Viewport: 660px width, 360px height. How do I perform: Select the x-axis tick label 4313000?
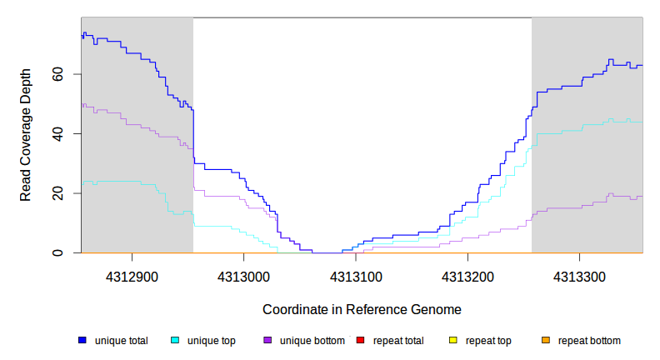click(x=243, y=275)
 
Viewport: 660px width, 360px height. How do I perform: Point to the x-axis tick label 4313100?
click(x=356, y=275)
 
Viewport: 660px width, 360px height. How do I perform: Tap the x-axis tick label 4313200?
click(x=468, y=275)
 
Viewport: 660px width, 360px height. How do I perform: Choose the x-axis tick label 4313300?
click(x=581, y=275)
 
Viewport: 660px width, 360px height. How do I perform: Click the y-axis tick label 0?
click(x=57, y=252)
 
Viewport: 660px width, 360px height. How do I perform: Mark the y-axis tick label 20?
click(x=57, y=193)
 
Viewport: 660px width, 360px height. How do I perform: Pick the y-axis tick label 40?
click(x=57, y=133)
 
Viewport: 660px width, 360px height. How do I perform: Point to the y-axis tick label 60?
click(x=57, y=74)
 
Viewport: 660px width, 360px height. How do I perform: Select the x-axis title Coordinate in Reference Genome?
click(x=362, y=309)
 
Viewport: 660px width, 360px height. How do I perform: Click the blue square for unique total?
click(x=82, y=341)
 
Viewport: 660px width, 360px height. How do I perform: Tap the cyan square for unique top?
click(x=175, y=341)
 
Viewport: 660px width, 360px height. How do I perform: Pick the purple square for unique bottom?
click(x=267, y=341)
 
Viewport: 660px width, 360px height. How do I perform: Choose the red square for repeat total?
click(x=360, y=341)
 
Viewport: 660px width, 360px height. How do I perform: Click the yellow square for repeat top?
click(x=452, y=341)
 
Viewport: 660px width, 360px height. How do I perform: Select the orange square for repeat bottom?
click(x=545, y=341)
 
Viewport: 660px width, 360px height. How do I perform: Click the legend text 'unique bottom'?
click(x=312, y=341)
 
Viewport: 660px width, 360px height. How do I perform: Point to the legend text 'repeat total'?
click(x=399, y=341)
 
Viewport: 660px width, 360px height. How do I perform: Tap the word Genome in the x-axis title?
click(x=437, y=309)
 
